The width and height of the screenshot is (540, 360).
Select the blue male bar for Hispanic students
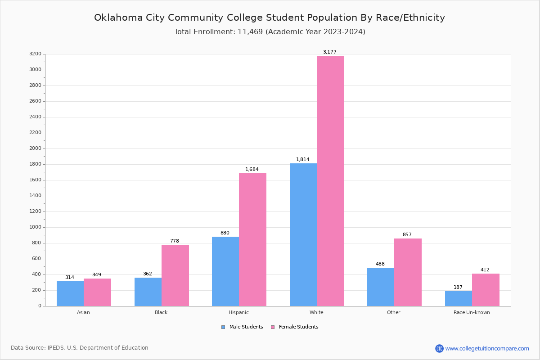click(225, 271)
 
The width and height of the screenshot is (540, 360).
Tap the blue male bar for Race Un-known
click(459, 298)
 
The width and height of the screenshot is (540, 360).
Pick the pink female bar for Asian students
click(97, 292)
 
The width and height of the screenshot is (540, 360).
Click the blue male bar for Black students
click(148, 292)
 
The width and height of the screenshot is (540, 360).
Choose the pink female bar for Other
click(408, 272)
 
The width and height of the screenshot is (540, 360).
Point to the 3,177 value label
click(329, 52)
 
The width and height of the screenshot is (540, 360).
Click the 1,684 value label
click(252, 170)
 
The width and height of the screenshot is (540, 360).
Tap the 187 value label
click(458, 288)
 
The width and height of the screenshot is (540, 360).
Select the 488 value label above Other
click(380, 264)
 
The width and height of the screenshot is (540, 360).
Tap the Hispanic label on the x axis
click(238, 312)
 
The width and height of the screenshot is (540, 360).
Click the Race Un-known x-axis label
click(472, 312)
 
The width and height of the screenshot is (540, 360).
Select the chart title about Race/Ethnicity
click(270, 18)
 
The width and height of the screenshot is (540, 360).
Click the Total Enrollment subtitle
click(270, 32)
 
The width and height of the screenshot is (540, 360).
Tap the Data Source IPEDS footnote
click(80, 348)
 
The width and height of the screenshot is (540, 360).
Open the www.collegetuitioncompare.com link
click(487, 348)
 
